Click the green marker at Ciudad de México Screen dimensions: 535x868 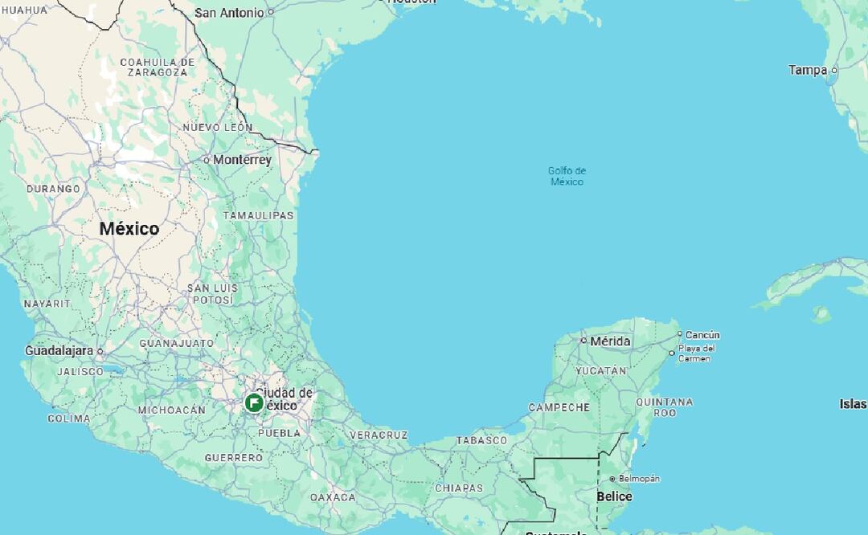coord(254,402)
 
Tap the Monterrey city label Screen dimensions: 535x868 coord(242,160)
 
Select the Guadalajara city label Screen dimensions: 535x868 coord(59,351)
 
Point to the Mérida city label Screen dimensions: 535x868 coord(610,341)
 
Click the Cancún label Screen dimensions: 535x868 coord(702,335)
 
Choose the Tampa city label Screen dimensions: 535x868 coord(808,70)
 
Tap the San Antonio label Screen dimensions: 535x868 coord(229,13)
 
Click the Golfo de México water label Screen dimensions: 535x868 coord(567,176)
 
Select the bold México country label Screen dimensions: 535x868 coord(129,229)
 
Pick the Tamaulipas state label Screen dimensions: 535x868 coord(258,216)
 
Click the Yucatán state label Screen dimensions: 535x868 coord(600,371)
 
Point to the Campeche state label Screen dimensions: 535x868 coord(559,408)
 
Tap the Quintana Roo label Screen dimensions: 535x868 coord(664,407)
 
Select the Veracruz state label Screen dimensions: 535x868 coord(378,435)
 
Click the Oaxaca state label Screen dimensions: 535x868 coord(333,498)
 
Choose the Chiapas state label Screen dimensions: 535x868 coord(459,488)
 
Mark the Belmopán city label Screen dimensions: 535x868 coord(639,479)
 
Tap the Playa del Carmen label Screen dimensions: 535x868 coord(696,353)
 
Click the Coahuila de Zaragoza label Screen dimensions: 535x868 coord(157,67)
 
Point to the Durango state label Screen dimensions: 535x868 coord(53,189)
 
